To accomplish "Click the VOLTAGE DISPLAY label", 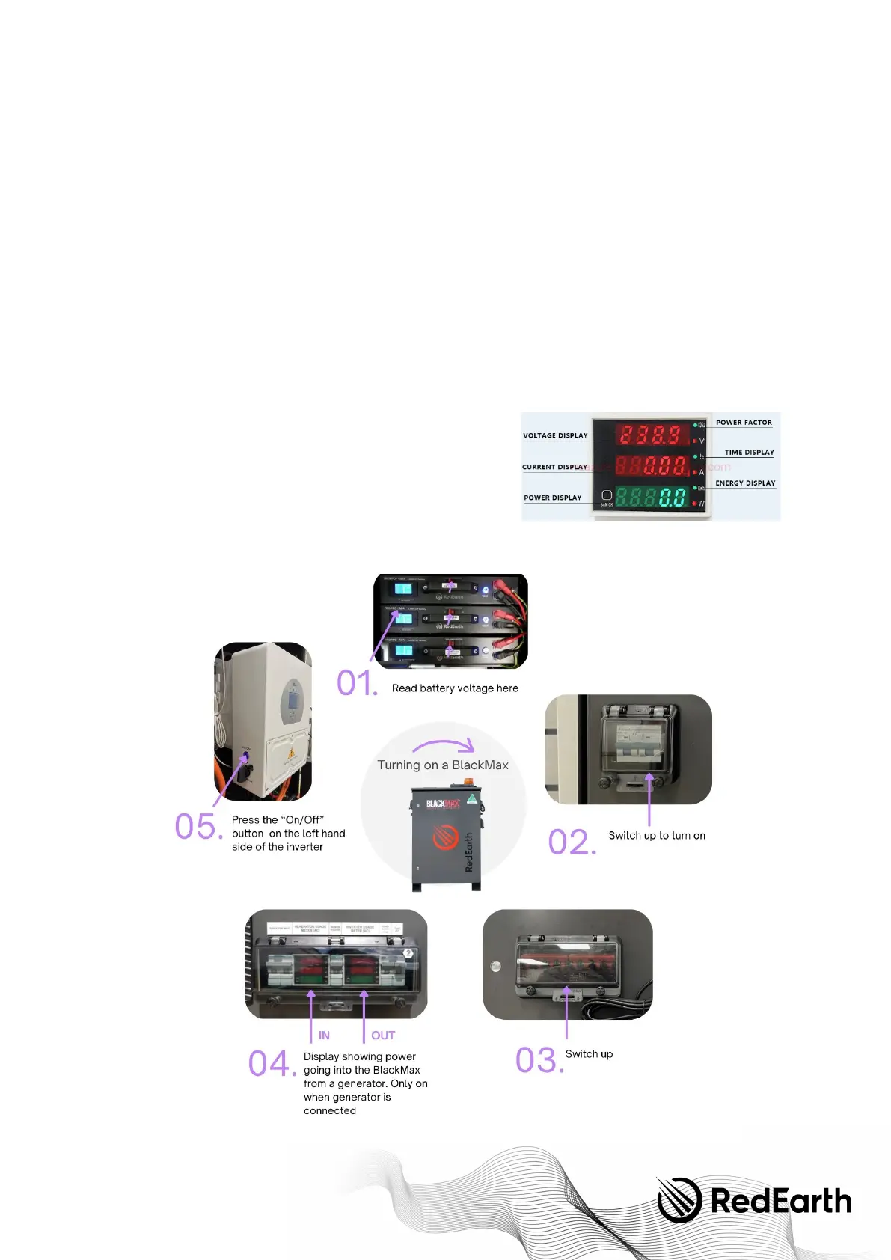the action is tap(555, 435).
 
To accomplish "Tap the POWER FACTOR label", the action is tap(744, 423).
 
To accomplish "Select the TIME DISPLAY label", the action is tap(749, 453).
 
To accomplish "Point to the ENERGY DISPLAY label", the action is tap(745, 483).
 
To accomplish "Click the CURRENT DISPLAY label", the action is tap(554, 467).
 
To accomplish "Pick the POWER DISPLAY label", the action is tap(552, 498).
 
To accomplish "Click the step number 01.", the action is tap(357, 683).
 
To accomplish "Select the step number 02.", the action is tap(572, 842).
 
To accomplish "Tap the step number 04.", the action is tap(272, 1064).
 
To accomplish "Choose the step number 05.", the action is tap(198, 827).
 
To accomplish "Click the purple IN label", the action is tap(324, 1036).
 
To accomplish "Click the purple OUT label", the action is tap(383, 1036).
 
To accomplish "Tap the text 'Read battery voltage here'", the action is tap(455, 688).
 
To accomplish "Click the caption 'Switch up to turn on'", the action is tap(657, 836).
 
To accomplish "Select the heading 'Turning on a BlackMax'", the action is tap(443, 765).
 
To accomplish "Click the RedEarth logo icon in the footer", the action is tap(679, 1199).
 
